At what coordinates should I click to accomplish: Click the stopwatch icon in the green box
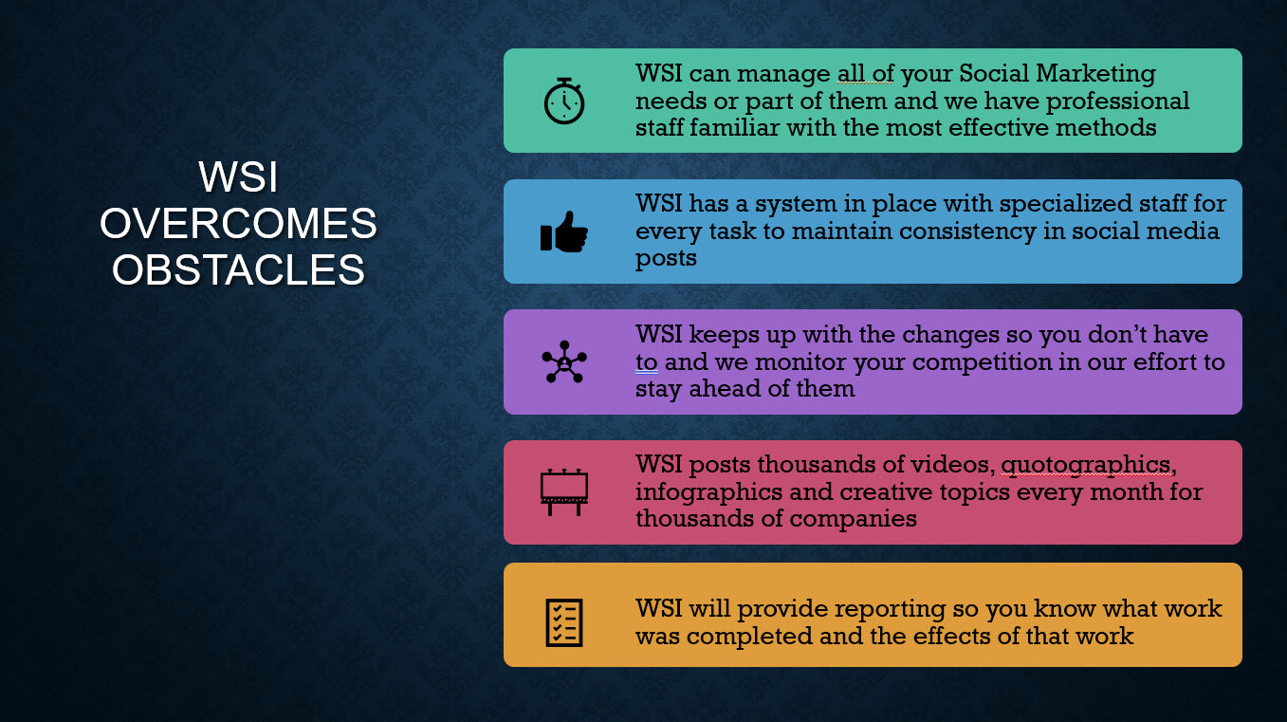[x=564, y=102]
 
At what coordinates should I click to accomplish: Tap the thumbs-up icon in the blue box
[x=564, y=231]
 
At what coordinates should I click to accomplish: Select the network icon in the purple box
[x=564, y=362]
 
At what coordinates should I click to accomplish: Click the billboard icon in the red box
[x=564, y=492]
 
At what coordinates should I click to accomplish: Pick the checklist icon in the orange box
[x=564, y=623]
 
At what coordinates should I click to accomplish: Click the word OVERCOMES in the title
[x=238, y=223]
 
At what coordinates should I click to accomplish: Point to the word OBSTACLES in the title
[x=238, y=269]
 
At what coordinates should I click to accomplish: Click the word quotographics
[x=1085, y=465]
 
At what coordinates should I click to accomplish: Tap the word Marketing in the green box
[x=1095, y=74]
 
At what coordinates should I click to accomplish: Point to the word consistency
[x=967, y=231]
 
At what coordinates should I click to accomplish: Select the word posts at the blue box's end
[x=666, y=259]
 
